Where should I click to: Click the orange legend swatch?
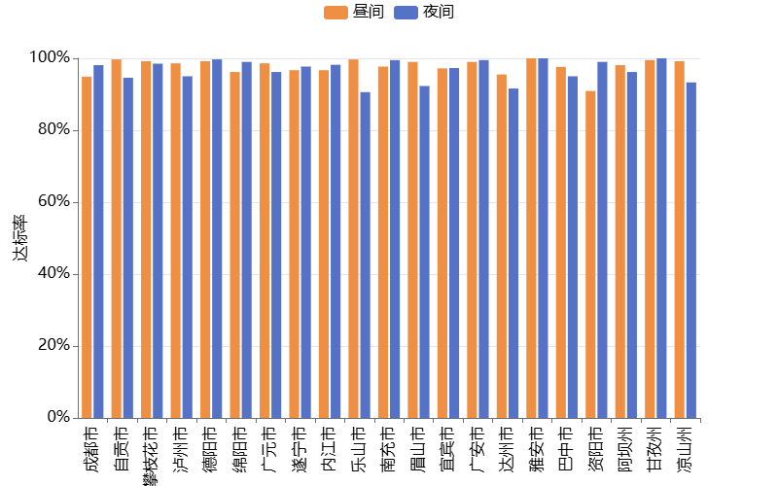(x=336, y=13)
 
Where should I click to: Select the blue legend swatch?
(x=406, y=13)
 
